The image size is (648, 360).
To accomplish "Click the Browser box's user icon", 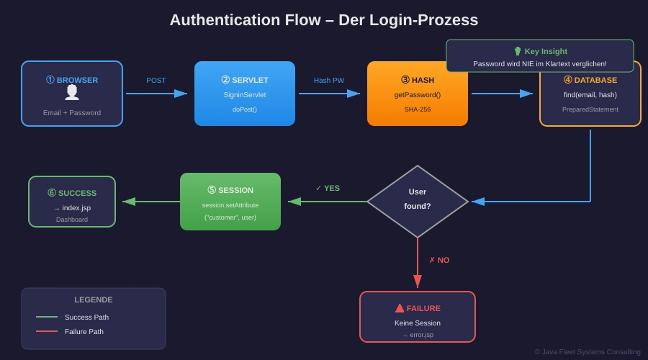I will [x=72, y=92].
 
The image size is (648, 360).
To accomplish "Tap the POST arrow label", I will [x=156, y=81].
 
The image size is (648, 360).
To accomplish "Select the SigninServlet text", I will [x=245, y=95].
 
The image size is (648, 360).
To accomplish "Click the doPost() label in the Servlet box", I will [x=245, y=109].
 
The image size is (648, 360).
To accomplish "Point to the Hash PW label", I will [x=329, y=81].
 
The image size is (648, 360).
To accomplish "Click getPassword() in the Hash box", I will [x=418, y=95].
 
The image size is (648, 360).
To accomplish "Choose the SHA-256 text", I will [x=418, y=109].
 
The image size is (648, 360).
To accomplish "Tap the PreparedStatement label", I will [x=590, y=109].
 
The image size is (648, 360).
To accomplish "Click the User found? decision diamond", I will [x=418, y=201].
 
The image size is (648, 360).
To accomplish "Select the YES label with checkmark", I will [x=328, y=189].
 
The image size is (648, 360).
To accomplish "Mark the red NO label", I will [x=439, y=260].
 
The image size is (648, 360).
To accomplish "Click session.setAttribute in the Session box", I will [x=230, y=205].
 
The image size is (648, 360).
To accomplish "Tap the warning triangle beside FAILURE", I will [x=400, y=308].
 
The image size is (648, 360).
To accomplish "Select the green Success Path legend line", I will [x=47, y=317].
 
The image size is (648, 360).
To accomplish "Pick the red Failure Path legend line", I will [x=47, y=331].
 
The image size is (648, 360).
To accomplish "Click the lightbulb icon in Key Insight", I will [x=518, y=51].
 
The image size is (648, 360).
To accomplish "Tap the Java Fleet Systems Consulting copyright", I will [x=588, y=352].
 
